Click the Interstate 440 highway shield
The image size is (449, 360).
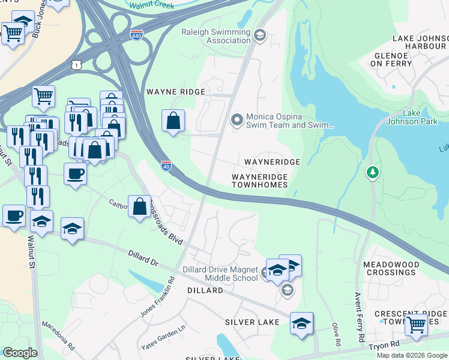pos(136,35)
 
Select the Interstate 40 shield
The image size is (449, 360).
pos(166,165)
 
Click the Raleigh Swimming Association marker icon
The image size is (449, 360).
pos(260,35)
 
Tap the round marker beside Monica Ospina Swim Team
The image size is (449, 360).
pos(237,121)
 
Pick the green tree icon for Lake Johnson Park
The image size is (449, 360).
pos(373,173)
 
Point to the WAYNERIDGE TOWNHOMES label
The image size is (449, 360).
pos(260,181)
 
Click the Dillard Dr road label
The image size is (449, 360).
pos(143,259)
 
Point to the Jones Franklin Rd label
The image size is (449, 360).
pos(157,297)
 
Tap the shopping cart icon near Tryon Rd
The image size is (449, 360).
pos(416,325)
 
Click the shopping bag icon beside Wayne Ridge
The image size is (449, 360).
pos(173,120)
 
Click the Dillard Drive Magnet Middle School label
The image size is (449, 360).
pos(220,274)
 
